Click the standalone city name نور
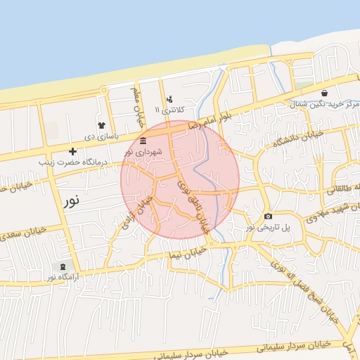(x=72, y=200)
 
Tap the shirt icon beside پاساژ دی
(x=101, y=125)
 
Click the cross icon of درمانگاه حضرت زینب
(x=72, y=151)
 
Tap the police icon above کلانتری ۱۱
(x=169, y=100)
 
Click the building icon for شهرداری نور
(x=143, y=141)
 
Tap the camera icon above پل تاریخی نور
(x=268, y=216)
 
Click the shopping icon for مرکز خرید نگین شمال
(x=323, y=93)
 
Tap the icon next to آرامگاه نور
(x=63, y=266)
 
